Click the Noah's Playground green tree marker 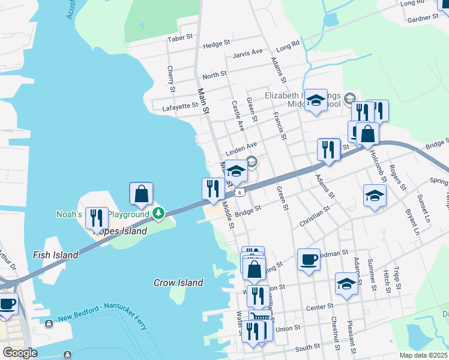pos(158,213)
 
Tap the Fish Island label pos(56,255)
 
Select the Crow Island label pos(178,283)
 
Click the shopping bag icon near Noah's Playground pos(141,193)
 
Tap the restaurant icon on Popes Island pos(97,218)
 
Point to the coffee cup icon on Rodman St pos(309,259)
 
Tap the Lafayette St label pos(180,106)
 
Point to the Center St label pos(319,307)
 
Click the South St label pos(307,347)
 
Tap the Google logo pos(19,353)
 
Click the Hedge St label pos(217,44)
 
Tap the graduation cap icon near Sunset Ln pos(375,196)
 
